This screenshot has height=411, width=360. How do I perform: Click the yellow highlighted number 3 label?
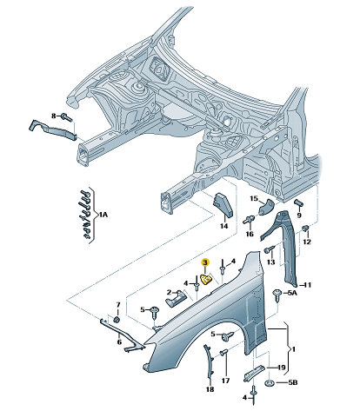[x=205, y=262]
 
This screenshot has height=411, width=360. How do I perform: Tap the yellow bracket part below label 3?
[x=206, y=280]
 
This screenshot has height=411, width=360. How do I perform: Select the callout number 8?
[x=54, y=116]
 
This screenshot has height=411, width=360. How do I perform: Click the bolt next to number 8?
[x=66, y=117]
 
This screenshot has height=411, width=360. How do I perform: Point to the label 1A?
[x=103, y=215]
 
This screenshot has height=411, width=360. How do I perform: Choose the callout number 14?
[x=223, y=226]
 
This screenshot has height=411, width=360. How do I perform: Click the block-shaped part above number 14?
[x=223, y=205]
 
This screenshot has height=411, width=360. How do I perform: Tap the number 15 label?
[x=254, y=198]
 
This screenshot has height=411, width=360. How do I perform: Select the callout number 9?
[x=299, y=215]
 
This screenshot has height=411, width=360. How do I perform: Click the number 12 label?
[x=307, y=242]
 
